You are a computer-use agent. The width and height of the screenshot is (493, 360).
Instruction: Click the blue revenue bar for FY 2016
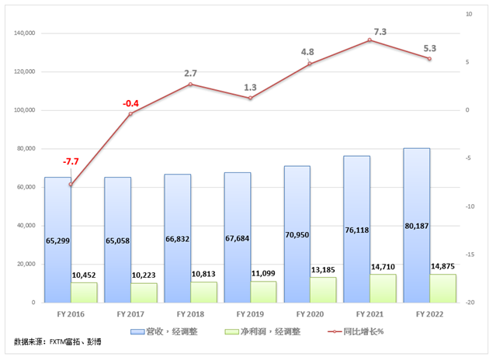point(57,233)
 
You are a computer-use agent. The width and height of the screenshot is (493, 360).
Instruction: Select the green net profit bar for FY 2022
point(443,288)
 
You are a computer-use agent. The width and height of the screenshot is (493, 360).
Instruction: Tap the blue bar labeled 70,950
point(297,225)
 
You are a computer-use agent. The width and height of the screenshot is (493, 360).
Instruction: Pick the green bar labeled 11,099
point(263,291)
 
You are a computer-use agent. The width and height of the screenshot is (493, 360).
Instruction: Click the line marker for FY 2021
point(370,40)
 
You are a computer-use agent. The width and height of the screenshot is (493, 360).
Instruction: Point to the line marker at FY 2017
point(130,114)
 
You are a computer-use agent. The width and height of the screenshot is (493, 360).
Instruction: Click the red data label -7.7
point(71,161)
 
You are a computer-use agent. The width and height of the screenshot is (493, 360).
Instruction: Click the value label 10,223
point(144,274)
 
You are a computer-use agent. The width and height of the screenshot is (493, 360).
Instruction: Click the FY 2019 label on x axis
point(251,313)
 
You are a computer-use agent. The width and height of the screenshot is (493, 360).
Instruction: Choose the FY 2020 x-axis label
point(311,313)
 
